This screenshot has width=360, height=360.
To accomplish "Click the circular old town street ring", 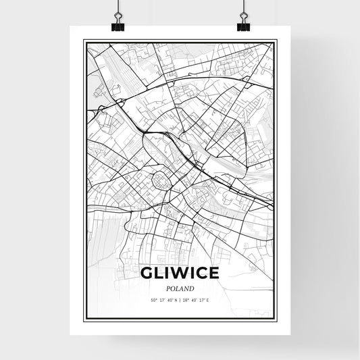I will click(163, 180).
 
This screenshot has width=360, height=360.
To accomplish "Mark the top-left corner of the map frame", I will click(84, 41).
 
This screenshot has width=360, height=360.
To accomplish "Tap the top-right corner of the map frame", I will click(276, 41).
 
